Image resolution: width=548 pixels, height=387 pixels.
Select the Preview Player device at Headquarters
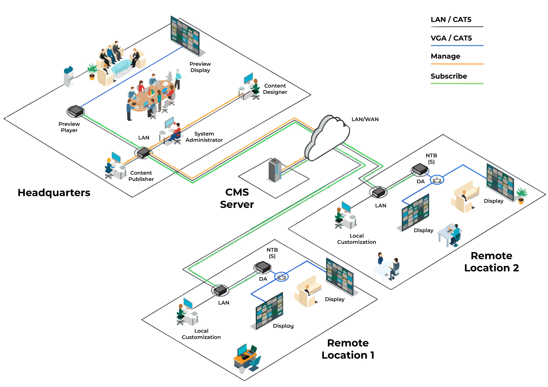coord(76,111)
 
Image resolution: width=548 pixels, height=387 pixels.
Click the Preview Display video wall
coord(185,36)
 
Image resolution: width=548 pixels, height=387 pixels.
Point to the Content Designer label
coord(275,89)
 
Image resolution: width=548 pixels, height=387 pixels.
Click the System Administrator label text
coord(204,137)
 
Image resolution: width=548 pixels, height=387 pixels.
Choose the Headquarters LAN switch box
coord(143,153)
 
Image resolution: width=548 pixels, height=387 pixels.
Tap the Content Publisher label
coord(141,176)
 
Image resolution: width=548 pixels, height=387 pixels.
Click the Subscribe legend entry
coord(449,76)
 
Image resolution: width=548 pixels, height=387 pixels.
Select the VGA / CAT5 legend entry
coord(451,38)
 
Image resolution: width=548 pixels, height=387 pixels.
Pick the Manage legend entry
coord(445,56)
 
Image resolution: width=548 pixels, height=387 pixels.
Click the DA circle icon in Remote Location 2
coord(437,180)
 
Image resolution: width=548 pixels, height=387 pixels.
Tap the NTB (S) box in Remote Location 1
coord(263,267)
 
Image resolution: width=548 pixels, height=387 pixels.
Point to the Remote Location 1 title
coord(348,349)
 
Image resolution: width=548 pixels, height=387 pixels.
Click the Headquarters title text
coord(54,193)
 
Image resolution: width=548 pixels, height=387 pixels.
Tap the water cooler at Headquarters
coord(69,76)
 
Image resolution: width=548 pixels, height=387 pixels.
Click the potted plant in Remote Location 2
coord(521,195)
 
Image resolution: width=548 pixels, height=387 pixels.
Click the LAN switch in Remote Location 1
coord(220,290)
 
